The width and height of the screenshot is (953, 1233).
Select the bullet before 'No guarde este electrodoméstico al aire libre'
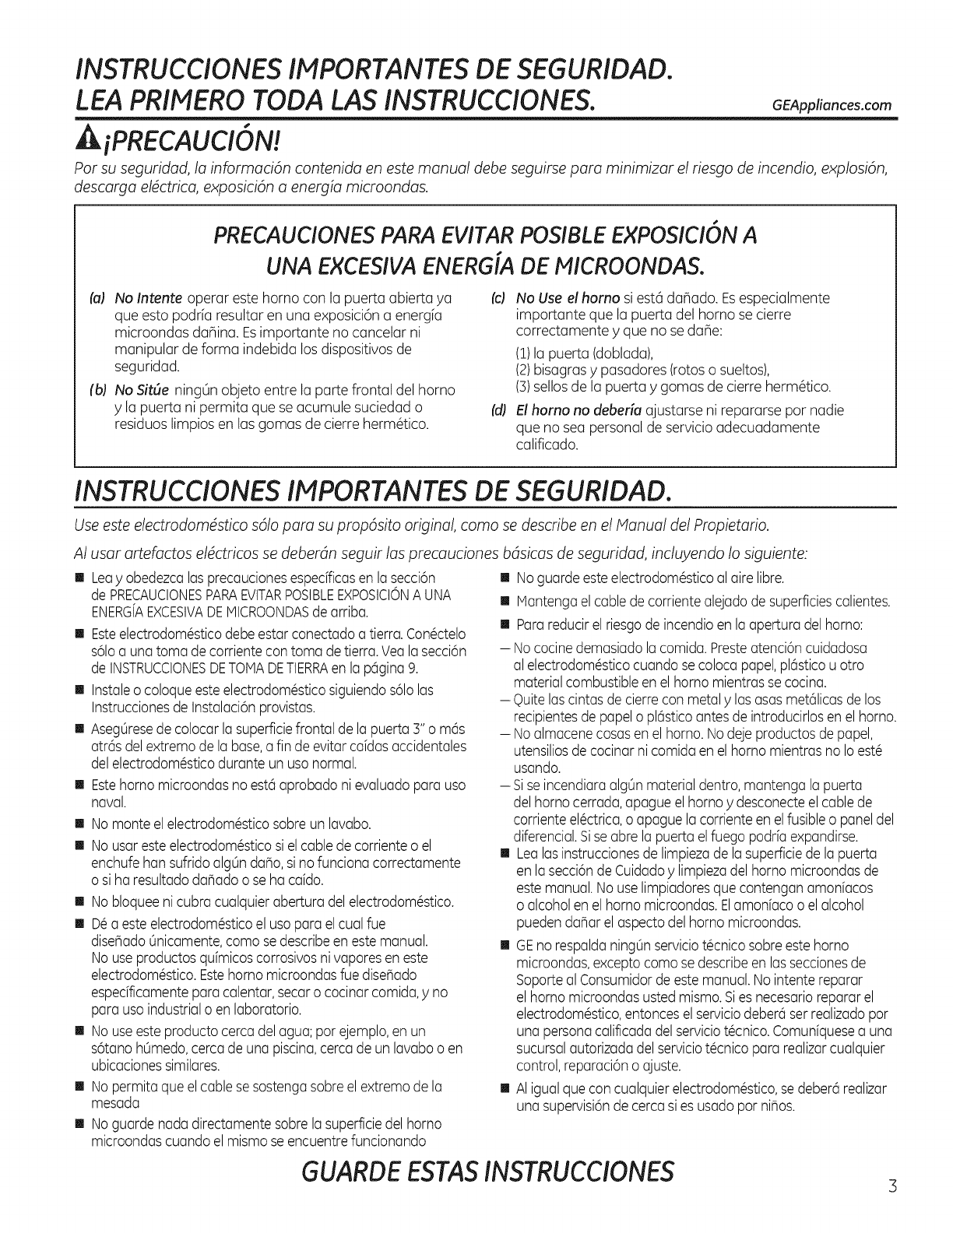(x=503, y=578)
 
